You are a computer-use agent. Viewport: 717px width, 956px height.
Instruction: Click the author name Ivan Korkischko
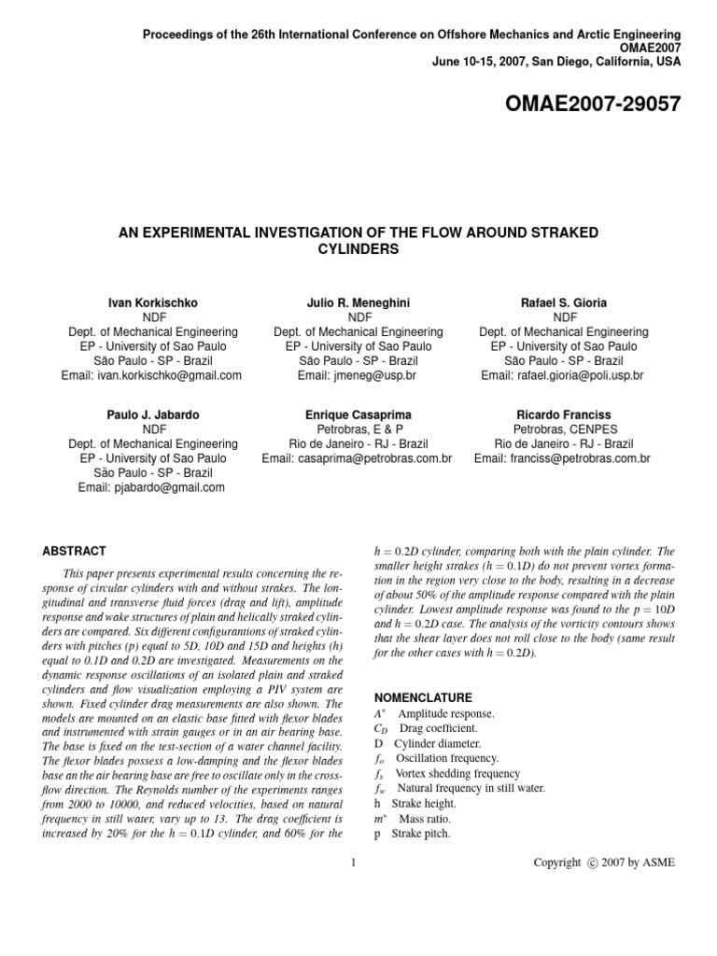(x=153, y=303)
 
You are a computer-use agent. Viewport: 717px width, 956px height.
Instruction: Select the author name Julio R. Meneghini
(x=358, y=303)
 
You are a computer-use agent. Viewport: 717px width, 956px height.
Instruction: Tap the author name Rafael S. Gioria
(x=563, y=303)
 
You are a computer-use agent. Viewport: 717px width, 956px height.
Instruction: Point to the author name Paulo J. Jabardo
(x=153, y=415)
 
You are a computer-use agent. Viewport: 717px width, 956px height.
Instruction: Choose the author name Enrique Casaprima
(x=358, y=415)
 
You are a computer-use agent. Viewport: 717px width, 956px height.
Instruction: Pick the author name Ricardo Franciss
(x=563, y=415)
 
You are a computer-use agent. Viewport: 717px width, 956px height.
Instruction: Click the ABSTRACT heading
(x=75, y=551)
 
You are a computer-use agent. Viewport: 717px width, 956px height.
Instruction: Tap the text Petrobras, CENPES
(x=563, y=429)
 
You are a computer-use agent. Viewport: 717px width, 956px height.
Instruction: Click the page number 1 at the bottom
(x=354, y=863)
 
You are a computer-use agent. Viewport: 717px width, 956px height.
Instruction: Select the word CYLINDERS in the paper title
(x=358, y=249)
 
